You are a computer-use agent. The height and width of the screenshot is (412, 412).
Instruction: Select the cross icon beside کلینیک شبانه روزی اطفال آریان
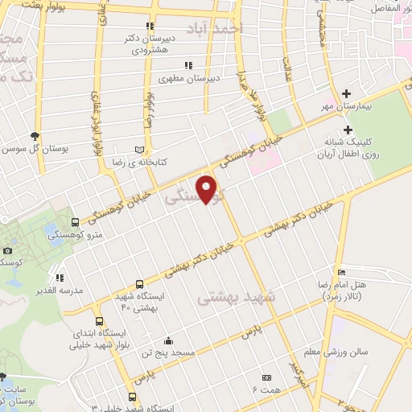point(348,130)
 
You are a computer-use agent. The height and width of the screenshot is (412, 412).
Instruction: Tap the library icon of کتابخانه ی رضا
point(141,150)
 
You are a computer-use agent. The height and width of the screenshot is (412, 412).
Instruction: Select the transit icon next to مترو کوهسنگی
point(75,222)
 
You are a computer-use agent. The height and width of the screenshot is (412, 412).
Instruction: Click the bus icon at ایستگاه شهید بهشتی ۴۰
point(141,284)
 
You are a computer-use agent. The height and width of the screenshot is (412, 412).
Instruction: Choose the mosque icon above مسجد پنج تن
point(167,340)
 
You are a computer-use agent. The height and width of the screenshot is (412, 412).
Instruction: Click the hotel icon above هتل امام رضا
point(342,272)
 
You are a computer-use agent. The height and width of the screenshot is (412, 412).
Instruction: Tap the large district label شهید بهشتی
point(237,297)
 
